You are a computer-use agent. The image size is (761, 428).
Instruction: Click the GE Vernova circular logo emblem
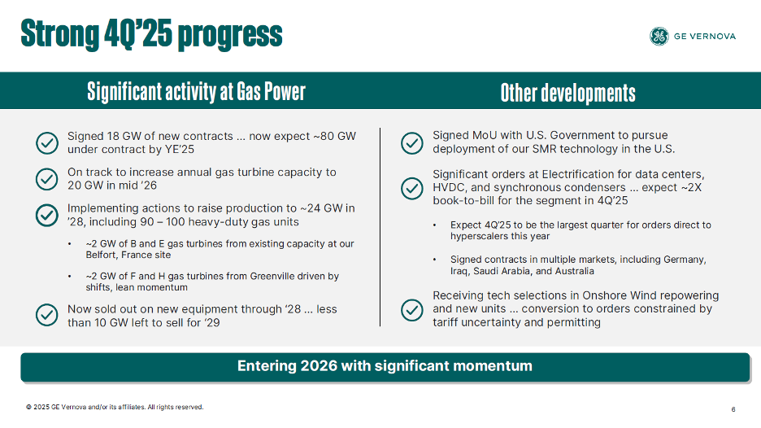(659, 36)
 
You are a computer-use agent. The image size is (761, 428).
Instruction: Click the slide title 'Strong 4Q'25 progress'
(152, 34)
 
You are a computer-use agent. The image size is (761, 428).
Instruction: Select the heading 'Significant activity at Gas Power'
(196, 91)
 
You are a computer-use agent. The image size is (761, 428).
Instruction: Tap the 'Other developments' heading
(567, 92)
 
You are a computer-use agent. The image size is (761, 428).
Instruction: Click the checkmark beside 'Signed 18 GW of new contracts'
(47, 142)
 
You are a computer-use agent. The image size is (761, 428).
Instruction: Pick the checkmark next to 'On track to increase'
(47, 179)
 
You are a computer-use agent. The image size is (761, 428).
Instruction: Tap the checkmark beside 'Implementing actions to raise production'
(47, 215)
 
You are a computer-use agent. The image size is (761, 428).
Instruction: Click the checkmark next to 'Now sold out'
(47, 316)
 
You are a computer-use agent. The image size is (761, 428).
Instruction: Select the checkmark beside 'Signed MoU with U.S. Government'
(412, 142)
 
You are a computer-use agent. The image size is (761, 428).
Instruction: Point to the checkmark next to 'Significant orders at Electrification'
(412, 188)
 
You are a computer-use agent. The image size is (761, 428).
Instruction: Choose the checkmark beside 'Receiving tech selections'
(412, 309)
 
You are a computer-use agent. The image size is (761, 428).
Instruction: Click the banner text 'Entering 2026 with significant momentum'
(385, 366)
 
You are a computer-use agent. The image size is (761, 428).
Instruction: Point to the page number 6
(733, 409)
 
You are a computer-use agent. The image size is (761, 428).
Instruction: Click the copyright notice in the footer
(115, 407)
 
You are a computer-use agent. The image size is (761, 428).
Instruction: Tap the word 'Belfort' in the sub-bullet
(101, 255)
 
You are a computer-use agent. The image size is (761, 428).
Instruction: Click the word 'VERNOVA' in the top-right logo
(715, 36)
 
